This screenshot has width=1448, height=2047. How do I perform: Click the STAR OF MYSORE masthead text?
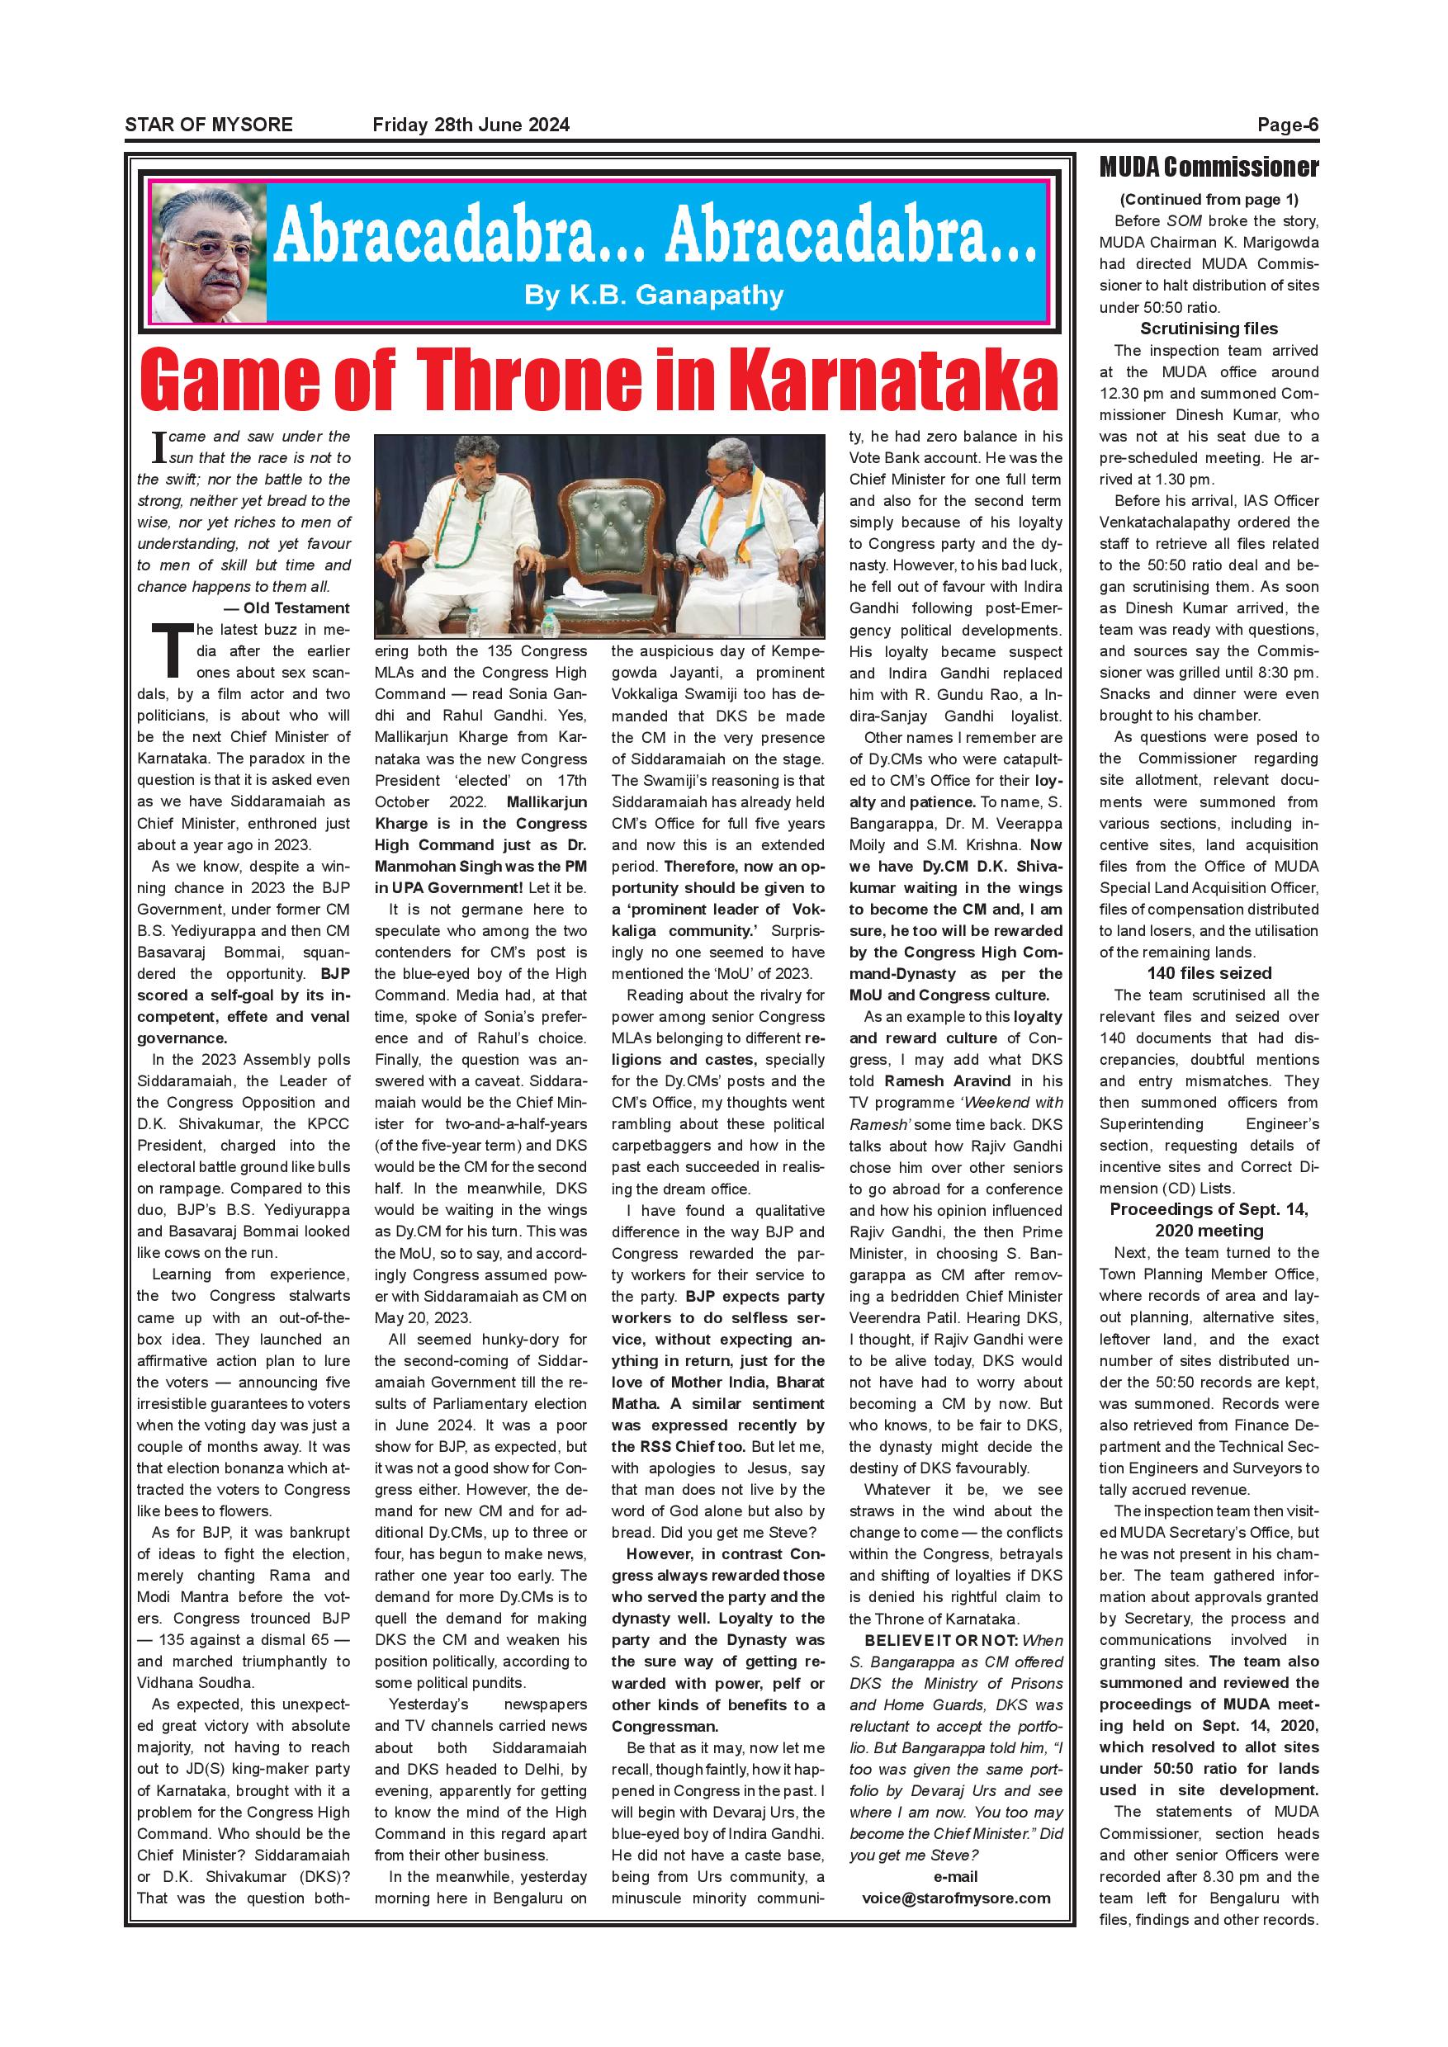209,125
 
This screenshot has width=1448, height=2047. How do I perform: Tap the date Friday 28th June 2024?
471,125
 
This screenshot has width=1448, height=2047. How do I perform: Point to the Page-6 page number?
1287,125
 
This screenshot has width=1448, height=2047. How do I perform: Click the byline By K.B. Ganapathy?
654,295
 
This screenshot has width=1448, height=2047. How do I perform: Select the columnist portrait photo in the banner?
208,253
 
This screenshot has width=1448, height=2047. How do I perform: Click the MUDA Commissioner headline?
1208,167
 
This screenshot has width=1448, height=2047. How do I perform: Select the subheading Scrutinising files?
1208,328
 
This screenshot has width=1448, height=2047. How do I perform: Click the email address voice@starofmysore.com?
956,1922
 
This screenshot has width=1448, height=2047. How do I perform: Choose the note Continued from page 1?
1208,199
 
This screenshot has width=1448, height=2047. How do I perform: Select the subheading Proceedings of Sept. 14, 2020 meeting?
1208,1220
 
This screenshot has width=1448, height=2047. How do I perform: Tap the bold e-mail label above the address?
956,1901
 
